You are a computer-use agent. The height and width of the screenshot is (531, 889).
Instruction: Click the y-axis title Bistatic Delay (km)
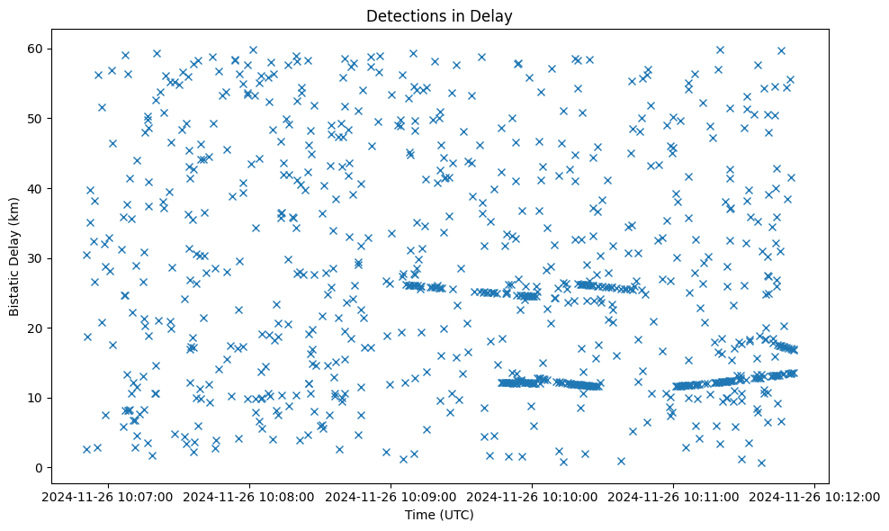click(14, 256)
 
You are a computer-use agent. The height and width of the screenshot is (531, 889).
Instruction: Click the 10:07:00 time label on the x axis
click(108, 496)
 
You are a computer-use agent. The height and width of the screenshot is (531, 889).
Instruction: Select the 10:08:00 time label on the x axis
click(249, 496)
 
